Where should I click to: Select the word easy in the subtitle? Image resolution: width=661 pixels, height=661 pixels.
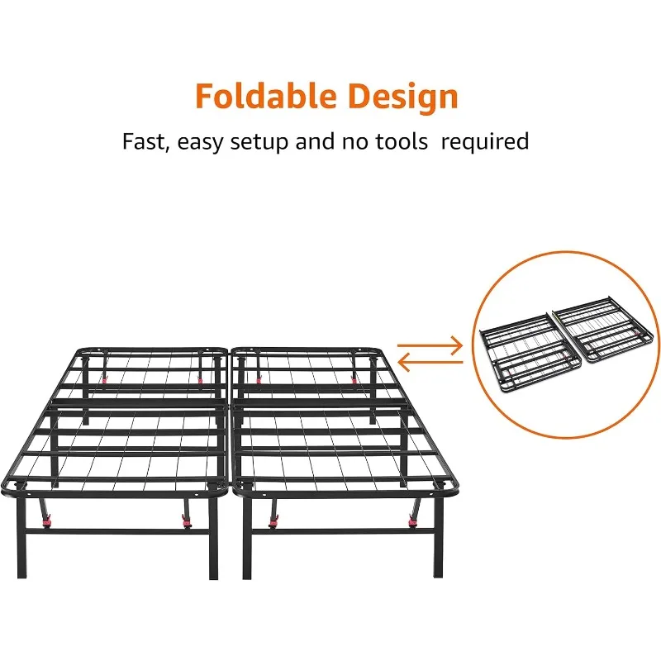[x=201, y=142]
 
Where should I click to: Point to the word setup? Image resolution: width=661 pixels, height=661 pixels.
[x=264, y=142]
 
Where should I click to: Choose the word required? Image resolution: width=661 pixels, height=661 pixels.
[x=485, y=142]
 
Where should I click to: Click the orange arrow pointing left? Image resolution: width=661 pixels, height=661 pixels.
[x=430, y=361]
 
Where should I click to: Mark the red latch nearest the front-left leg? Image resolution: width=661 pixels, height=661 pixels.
[x=47, y=522]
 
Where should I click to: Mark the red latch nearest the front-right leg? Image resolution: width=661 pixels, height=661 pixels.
[x=413, y=520]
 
